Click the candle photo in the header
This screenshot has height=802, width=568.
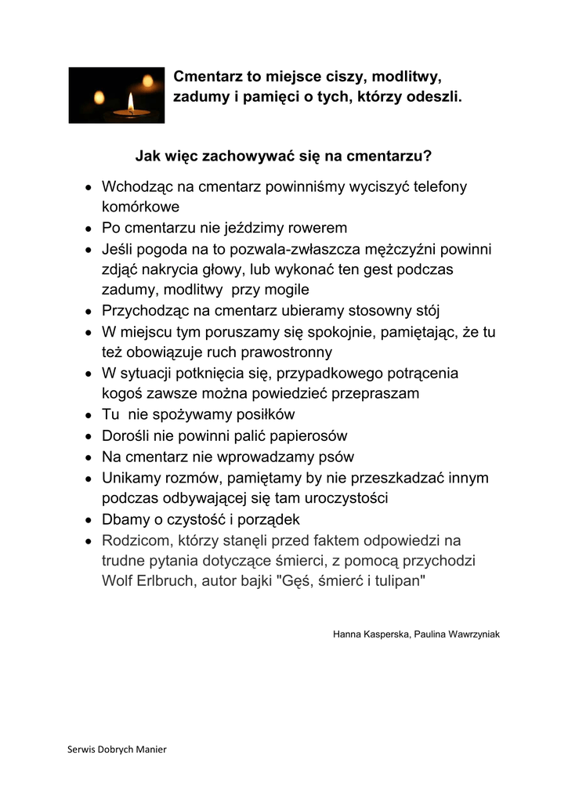coord(116,95)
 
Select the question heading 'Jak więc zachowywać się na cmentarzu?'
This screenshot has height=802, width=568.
coord(284,155)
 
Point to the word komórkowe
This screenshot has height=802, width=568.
coord(141,208)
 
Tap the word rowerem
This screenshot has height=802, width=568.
coord(312,228)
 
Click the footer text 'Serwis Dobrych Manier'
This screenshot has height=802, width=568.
coord(118,749)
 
